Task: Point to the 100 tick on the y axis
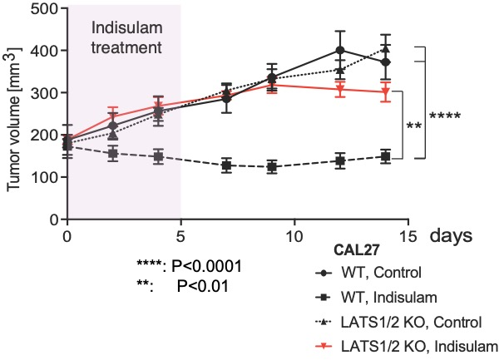click(x=63, y=177)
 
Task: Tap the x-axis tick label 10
click(x=294, y=236)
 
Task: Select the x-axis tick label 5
click(x=180, y=236)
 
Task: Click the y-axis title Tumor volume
click(x=13, y=120)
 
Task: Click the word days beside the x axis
click(x=452, y=235)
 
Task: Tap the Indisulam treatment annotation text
click(x=126, y=38)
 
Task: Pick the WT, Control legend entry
click(x=368, y=273)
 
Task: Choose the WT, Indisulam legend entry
click(x=376, y=298)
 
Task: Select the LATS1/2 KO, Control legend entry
click(x=398, y=322)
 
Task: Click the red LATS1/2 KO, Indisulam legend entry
click(x=406, y=347)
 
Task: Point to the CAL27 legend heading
click(x=357, y=250)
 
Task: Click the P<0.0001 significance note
click(x=190, y=266)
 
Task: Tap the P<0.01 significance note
click(x=183, y=286)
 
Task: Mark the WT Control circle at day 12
click(x=340, y=50)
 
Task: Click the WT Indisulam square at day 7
click(x=226, y=165)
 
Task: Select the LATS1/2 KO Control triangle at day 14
click(x=386, y=49)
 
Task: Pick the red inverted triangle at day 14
click(x=386, y=92)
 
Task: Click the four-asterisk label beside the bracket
click(x=445, y=116)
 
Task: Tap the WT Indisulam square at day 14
click(x=386, y=156)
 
